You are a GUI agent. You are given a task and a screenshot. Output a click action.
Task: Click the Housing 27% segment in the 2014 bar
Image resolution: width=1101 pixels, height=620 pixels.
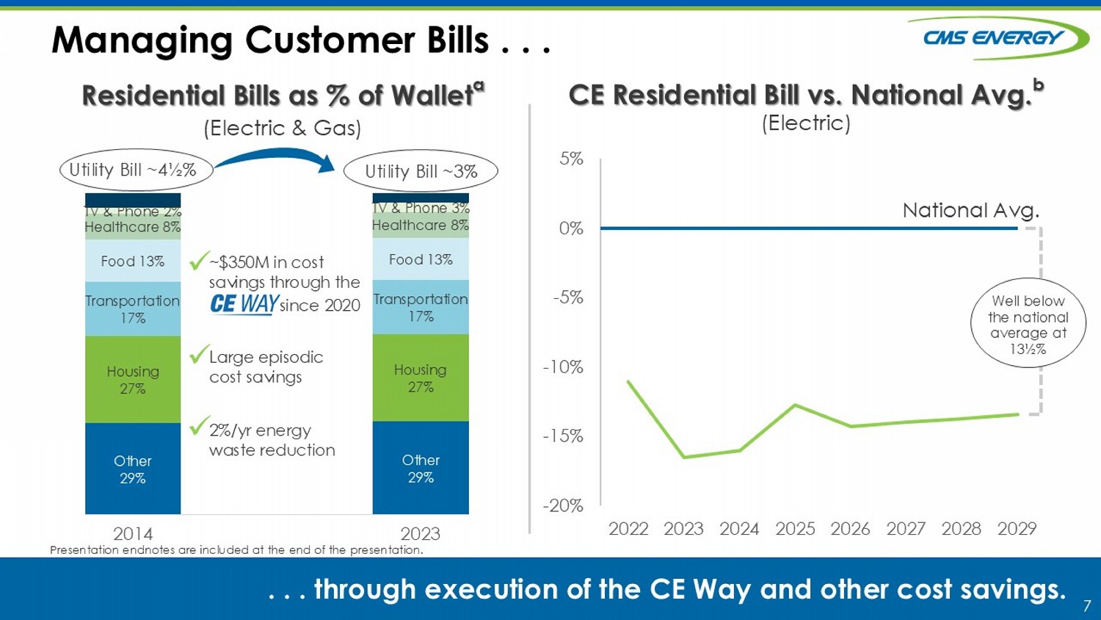pos(133,379)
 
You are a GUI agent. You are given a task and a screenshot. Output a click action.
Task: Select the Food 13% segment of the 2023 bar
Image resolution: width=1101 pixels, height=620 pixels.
pos(421,259)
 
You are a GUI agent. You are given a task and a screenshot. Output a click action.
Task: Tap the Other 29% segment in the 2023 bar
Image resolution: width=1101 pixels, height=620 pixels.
pos(421,468)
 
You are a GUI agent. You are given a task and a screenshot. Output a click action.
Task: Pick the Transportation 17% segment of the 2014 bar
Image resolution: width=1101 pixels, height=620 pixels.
pos(133,309)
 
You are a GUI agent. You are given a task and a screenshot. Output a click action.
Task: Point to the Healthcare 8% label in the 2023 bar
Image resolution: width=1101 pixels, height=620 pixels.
pos(420,226)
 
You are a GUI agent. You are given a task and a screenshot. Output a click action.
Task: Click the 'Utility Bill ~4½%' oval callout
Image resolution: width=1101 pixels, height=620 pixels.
pos(136,170)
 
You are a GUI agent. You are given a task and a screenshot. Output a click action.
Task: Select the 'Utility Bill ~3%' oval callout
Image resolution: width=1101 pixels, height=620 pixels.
pos(421,171)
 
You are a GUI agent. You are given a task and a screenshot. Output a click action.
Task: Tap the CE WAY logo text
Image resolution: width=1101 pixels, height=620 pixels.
pos(244,303)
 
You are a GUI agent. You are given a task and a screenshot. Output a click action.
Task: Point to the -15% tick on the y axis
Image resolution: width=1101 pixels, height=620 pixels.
pos(563,436)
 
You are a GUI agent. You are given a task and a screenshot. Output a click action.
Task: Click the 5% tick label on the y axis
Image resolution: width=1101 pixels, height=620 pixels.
pos(571,159)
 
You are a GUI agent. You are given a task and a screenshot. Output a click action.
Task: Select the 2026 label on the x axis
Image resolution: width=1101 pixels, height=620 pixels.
pos(850,528)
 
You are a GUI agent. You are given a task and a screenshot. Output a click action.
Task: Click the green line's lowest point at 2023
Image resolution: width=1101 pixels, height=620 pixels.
pos(684,457)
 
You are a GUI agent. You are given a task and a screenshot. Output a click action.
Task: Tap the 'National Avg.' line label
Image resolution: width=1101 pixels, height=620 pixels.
pos(970,211)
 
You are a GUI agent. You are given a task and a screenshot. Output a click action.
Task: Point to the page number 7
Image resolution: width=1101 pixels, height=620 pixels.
pos(1087,606)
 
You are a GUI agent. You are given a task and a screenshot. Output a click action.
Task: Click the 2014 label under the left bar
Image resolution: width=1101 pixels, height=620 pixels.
pos(133,533)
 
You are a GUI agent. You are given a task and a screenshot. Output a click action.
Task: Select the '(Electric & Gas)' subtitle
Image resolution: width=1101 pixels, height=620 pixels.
pos(283,128)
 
